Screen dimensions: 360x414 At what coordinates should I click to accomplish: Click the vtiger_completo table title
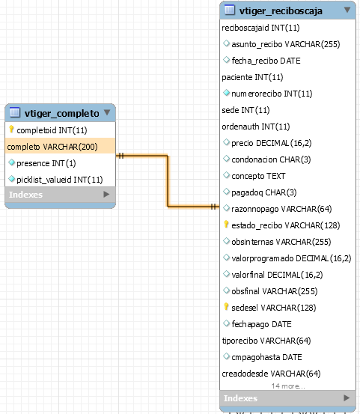pos(62,113)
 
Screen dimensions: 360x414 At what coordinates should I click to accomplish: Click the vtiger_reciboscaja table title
pos(281,10)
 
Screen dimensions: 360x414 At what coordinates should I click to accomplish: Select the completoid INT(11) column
pos(52,130)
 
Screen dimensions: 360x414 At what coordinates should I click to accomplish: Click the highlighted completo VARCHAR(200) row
pos(60,147)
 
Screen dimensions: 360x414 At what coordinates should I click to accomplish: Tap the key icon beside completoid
pos(11,129)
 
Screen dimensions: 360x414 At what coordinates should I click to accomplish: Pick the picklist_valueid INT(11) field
pos(60,180)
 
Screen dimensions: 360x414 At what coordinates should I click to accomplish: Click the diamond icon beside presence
pos(11,162)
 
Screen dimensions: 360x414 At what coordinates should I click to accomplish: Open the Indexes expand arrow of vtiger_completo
pos(106,195)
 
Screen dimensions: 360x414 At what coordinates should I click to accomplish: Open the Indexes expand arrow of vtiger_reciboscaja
pos(347,398)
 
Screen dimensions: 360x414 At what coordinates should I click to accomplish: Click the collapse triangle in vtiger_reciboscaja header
pos(347,10)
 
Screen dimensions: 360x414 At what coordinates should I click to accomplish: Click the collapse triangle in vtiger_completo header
pos(107,112)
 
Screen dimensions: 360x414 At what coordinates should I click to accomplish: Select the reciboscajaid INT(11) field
pos(260,28)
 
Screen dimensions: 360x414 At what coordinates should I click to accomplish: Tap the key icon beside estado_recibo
pos(226,224)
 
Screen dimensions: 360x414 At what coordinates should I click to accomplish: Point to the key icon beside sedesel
pos(226,306)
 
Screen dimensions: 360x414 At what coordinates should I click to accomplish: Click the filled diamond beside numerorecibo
pos(226,93)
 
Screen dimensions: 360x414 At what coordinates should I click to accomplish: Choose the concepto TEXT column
pos(258,176)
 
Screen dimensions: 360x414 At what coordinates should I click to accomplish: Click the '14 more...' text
pos(288,386)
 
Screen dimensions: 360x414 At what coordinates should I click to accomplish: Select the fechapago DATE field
pos(261,324)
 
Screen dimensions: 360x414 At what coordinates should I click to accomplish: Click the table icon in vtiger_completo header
pos(15,112)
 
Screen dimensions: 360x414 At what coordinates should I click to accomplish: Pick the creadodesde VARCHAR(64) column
pos(271,374)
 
